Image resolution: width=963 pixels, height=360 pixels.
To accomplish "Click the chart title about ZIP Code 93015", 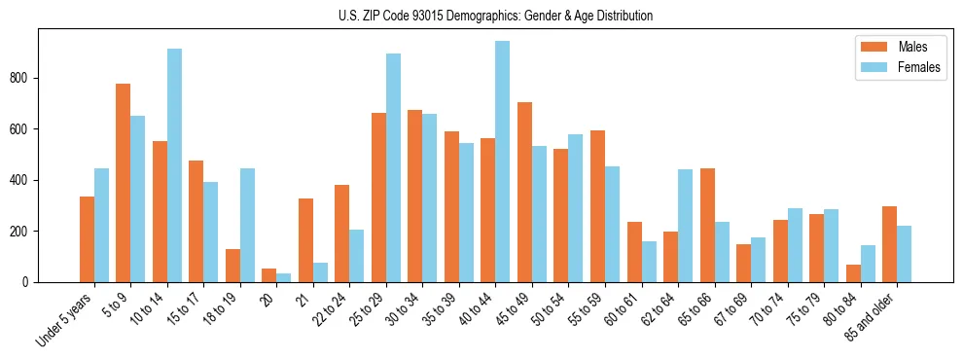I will pyautogui.click(x=481, y=16).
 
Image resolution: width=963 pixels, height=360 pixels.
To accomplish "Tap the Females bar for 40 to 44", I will pyautogui.click(x=502, y=162).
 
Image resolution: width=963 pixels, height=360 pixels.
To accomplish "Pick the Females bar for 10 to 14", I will pyautogui.click(x=174, y=165).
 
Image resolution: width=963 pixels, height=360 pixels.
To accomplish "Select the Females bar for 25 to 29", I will pyautogui.click(x=393, y=167).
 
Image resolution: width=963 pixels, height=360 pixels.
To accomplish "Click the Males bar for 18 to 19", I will pyautogui.click(x=232, y=266).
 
